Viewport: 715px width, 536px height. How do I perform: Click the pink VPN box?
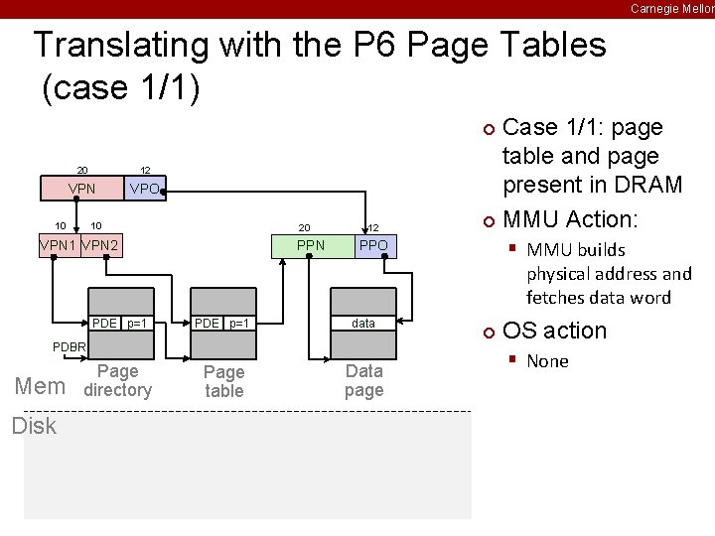(81, 188)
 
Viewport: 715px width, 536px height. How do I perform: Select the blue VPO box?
(146, 188)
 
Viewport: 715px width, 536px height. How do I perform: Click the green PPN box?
(312, 245)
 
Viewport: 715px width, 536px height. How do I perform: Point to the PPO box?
(374, 245)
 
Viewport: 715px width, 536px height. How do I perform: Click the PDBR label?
(70, 346)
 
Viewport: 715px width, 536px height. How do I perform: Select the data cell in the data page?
(363, 324)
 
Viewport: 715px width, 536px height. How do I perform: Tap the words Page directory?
(118, 381)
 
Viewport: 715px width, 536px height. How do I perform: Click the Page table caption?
(223, 381)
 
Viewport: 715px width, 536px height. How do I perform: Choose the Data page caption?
(363, 380)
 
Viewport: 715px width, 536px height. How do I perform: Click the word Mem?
(41, 387)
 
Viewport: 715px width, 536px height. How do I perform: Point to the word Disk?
(34, 426)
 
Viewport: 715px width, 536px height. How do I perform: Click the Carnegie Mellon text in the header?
(671, 8)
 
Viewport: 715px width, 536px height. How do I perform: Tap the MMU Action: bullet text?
(569, 218)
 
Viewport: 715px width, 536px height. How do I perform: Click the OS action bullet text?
(554, 331)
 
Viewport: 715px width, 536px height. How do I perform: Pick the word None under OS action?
(547, 361)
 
